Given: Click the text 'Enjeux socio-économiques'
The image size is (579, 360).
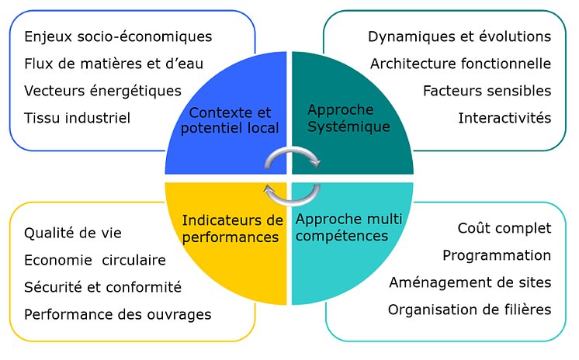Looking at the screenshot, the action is click(x=118, y=36).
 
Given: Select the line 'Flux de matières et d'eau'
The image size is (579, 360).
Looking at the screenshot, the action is click(x=114, y=64).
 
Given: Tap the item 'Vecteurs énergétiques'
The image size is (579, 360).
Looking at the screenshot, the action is click(x=102, y=91).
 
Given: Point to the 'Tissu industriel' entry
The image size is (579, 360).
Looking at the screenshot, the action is click(x=77, y=118).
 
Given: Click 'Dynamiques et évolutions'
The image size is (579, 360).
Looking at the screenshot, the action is click(x=459, y=36).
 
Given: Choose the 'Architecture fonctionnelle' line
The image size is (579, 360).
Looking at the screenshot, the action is click(x=460, y=64).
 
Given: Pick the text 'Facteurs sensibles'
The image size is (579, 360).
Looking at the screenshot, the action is click(x=487, y=91).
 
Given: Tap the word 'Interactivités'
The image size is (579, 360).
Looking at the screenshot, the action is click(x=504, y=118).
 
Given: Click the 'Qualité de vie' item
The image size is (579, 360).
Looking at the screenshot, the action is click(x=73, y=233).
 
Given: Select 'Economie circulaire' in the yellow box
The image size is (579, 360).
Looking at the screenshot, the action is click(x=95, y=260).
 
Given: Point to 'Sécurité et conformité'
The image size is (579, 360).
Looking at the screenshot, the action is click(x=102, y=287).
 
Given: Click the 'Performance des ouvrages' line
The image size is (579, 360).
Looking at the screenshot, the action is click(x=118, y=314).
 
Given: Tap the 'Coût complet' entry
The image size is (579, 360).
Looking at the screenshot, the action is click(x=504, y=228).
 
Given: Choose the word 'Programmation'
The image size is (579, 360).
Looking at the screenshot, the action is click(x=497, y=255).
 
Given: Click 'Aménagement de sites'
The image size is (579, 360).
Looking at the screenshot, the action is click(x=470, y=282).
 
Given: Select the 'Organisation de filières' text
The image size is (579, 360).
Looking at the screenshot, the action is click(x=470, y=310).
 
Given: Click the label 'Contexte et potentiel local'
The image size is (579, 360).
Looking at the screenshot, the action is click(x=230, y=120).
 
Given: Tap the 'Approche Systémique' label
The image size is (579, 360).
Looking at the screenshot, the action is click(x=348, y=118).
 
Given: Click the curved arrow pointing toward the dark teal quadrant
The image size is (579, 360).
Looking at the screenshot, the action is click(x=293, y=150).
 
